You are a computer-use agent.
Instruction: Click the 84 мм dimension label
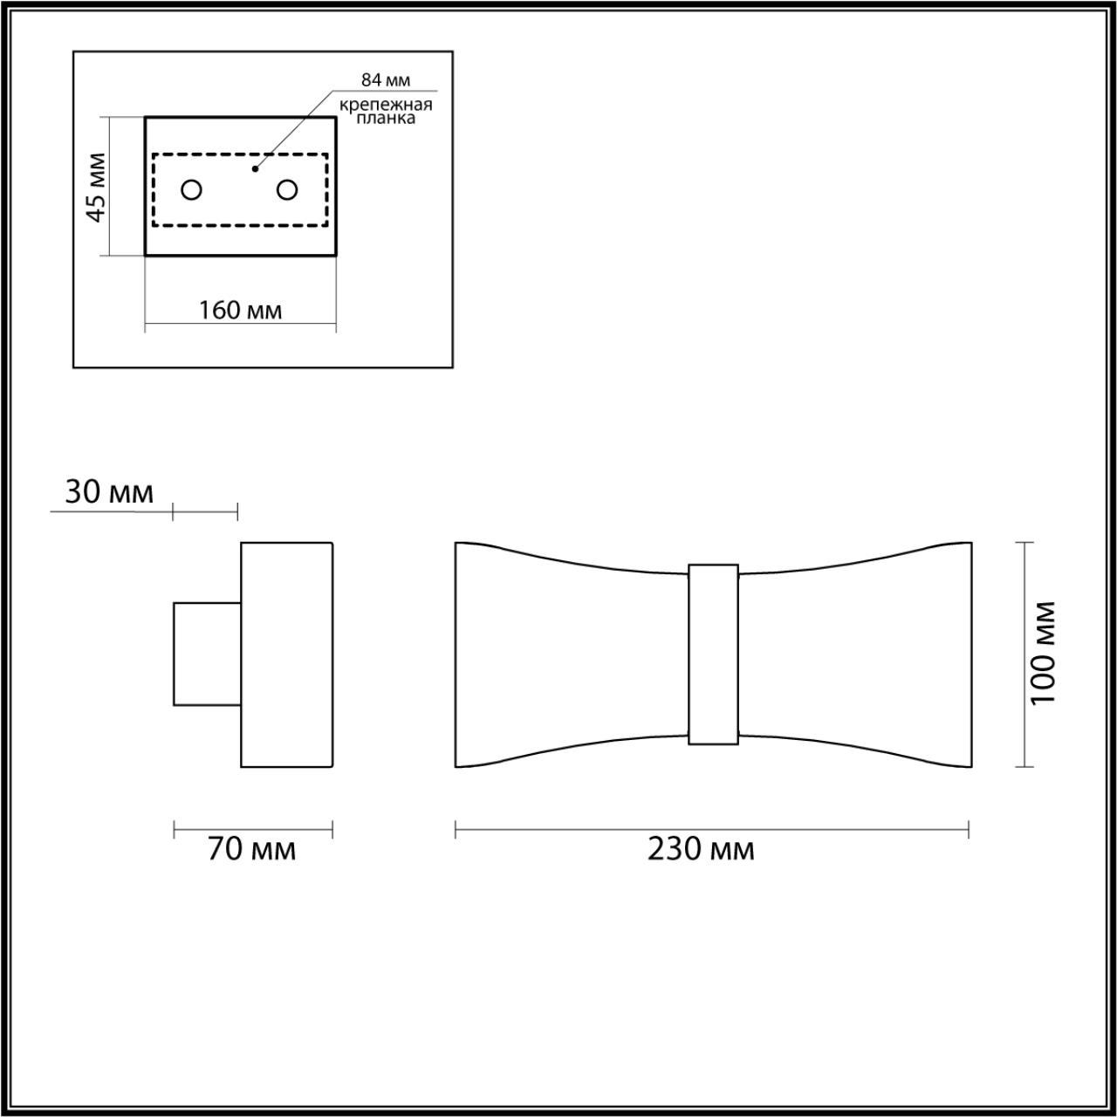tap(386, 80)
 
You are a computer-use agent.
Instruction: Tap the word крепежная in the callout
tap(386, 105)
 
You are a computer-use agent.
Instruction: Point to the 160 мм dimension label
tap(240, 310)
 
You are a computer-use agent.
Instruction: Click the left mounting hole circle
tap(191, 189)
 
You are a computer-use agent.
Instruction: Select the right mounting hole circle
tap(287, 189)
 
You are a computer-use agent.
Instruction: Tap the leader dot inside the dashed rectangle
tap(255, 168)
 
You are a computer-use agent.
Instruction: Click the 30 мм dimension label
tap(109, 493)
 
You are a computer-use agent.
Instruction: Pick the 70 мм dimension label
tap(251, 849)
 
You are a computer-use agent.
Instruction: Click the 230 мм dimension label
tap(701, 849)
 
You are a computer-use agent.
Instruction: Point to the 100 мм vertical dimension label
tap(1044, 654)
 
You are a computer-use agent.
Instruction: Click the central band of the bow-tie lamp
tap(713, 654)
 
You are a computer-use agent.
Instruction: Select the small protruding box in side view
tap(207, 654)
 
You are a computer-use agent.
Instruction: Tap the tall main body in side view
tap(286, 654)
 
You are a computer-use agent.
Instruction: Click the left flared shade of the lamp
tap(567, 654)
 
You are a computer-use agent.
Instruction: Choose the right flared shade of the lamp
tap(860, 654)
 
